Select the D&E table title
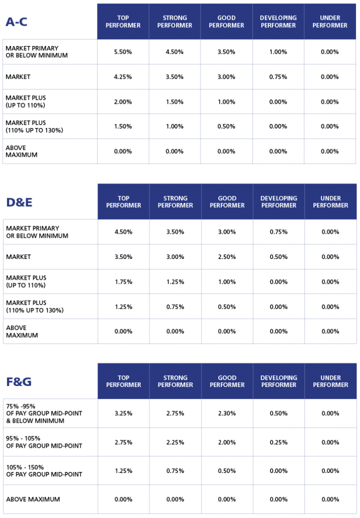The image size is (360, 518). [20, 202]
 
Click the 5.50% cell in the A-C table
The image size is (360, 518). [123, 52]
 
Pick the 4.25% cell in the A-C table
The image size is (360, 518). [123, 77]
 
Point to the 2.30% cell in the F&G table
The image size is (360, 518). [227, 413]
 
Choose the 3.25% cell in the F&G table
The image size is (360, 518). [124, 413]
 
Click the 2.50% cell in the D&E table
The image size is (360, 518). [227, 257]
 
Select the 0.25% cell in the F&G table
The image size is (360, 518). [278, 442]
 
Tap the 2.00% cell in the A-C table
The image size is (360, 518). [123, 102]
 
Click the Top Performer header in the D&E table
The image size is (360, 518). [124, 202]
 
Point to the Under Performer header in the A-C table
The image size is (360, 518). [330, 22]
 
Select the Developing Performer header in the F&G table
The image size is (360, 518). [278, 381]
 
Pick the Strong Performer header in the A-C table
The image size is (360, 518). [175, 22]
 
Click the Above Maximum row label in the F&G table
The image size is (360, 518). [33, 499]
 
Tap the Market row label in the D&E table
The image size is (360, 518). [18, 257]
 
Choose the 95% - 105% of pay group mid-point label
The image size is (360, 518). [44, 442]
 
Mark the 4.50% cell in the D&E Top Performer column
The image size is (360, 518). [124, 232]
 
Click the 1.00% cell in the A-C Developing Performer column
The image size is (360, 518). [278, 52]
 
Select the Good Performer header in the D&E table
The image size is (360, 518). [227, 202]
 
